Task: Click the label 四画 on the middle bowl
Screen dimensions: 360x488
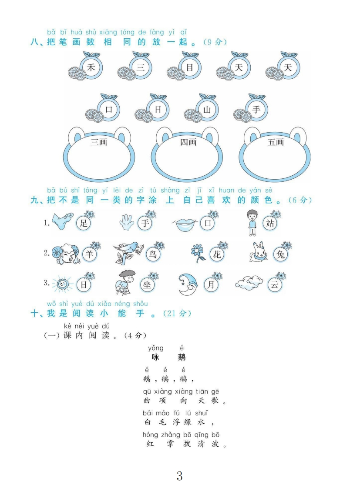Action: pyautogui.click(x=188, y=142)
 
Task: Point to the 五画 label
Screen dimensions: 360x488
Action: pyautogui.click(x=276, y=142)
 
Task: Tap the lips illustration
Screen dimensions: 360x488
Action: pyautogui.click(x=185, y=224)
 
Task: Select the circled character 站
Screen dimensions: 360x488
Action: pyautogui.click(x=270, y=223)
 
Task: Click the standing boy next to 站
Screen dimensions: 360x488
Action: pyautogui.click(x=252, y=222)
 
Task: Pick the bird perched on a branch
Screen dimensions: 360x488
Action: pyautogui.click(x=128, y=253)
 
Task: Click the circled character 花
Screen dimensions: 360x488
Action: pyautogui.click(x=217, y=254)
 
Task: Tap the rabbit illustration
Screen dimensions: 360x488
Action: pyautogui.click(x=259, y=252)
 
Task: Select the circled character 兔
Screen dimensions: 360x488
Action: pyautogui.click(x=280, y=254)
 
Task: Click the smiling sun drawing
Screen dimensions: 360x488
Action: pyautogui.click(x=62, y=284)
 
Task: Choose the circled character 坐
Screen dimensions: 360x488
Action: pyautogui.click(x=147, y=285)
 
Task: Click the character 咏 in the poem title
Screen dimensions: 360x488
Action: pyautogui.click(x=155, y=357)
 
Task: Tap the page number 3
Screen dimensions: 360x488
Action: pyautogui.click(x=179, y=475)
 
